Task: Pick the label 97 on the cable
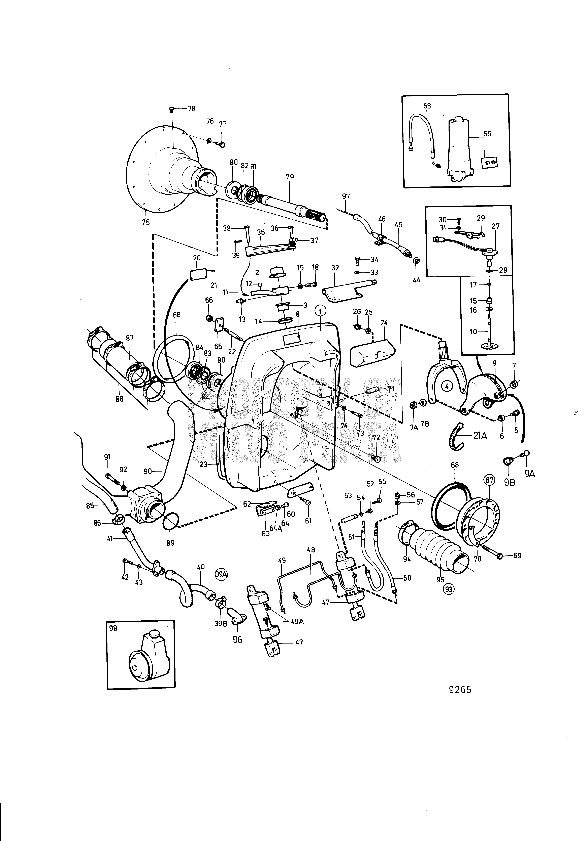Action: (346, 197)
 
